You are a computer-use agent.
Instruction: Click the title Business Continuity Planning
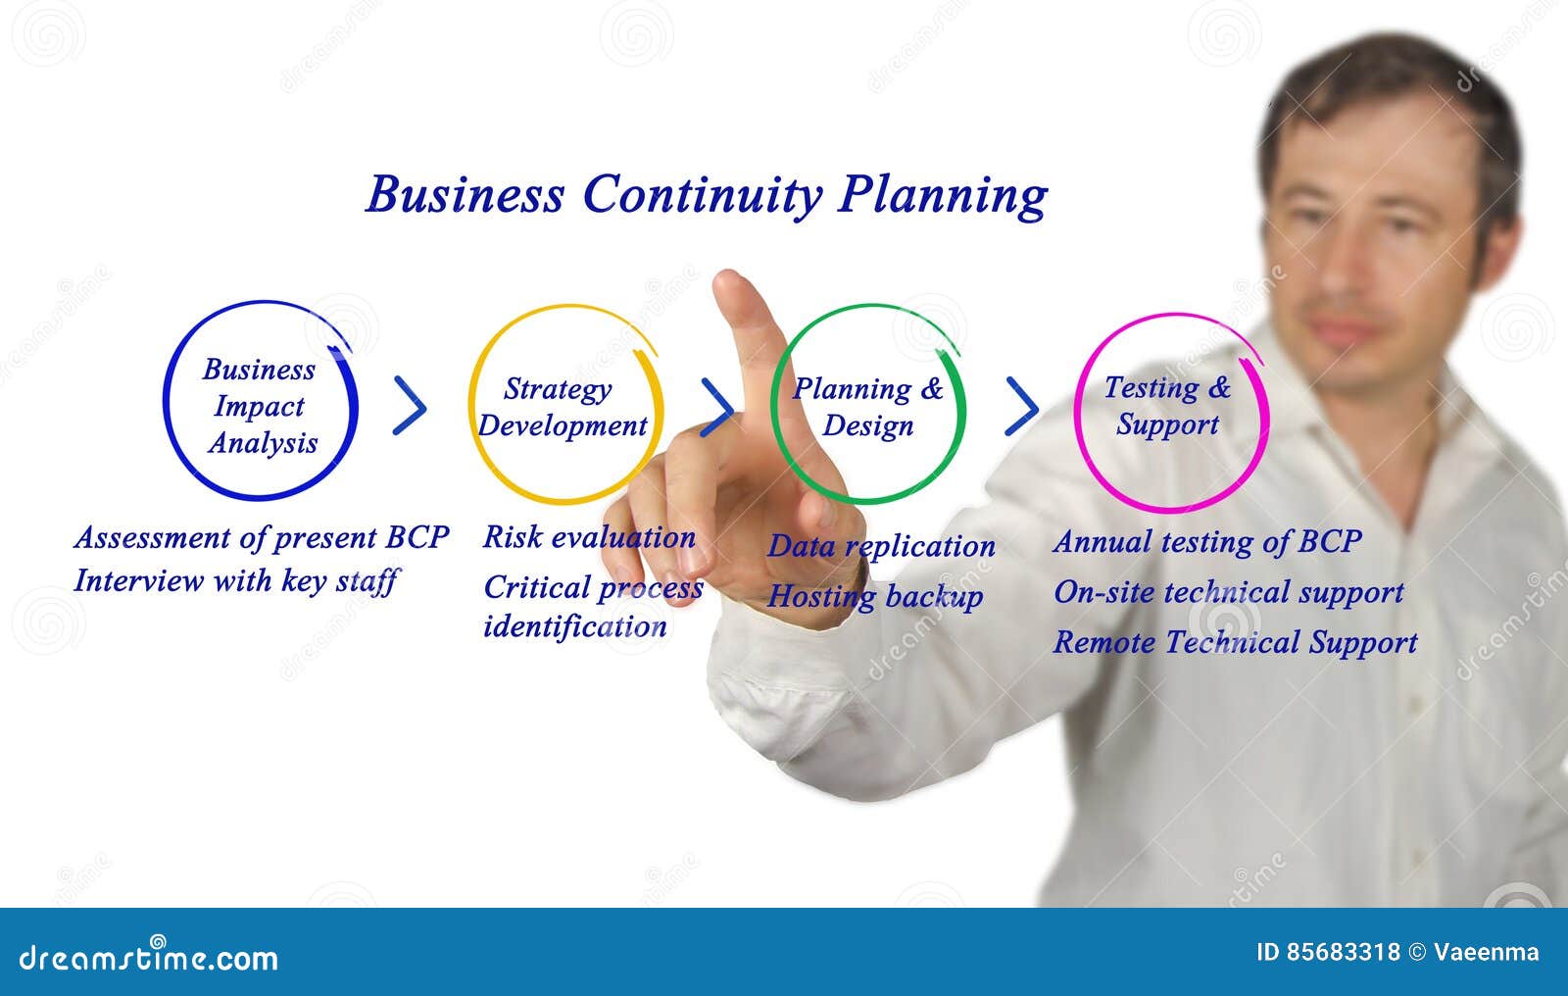(706, 194)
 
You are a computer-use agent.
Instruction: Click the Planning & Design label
(867, 407)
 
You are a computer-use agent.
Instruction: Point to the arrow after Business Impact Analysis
(410, 404)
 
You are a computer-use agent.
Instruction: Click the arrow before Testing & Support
(1022, 406)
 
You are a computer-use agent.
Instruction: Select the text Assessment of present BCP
(261, 537)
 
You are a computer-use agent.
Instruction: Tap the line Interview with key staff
(235, 580)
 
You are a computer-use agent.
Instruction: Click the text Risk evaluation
(589, 537)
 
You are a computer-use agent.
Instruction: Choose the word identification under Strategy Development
(574, 626)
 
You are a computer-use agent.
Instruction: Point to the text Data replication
(881, 546)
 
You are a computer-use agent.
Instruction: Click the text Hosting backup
(874, 596)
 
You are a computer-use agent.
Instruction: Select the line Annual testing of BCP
(1207, 541)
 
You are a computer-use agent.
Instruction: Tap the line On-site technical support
(1228, 592)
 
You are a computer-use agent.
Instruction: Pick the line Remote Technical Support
(1235, 642)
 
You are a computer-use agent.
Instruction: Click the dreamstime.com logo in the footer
(149, 957)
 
